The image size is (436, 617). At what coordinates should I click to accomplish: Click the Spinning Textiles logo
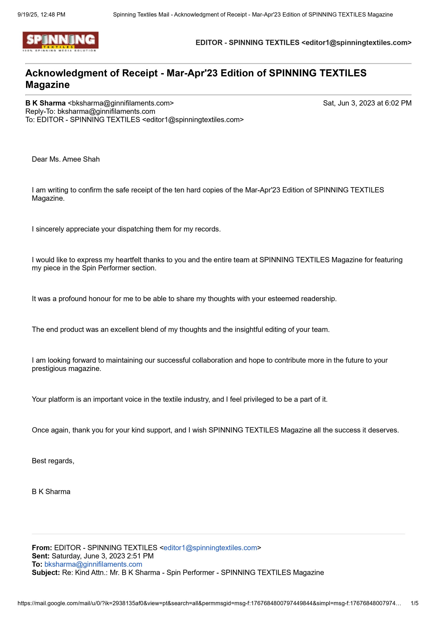[60, 42]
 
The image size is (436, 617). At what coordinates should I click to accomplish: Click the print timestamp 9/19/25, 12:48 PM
[41, 15]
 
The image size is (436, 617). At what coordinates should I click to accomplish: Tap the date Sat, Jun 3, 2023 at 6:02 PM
[367, 103]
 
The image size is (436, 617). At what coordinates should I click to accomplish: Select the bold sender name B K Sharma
[45, 103]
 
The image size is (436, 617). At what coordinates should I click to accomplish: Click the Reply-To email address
[106, 111]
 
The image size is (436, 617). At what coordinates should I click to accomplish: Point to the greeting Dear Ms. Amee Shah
[66, 159]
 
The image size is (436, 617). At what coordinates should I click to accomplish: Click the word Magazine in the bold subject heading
[47, 85]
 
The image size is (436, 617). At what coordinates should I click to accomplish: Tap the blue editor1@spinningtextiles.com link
[210, 548]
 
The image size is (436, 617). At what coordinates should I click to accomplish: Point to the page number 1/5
[415, 603]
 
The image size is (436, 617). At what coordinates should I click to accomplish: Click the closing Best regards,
[53, 461]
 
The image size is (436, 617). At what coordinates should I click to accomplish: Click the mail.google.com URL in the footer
[209, 603]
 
